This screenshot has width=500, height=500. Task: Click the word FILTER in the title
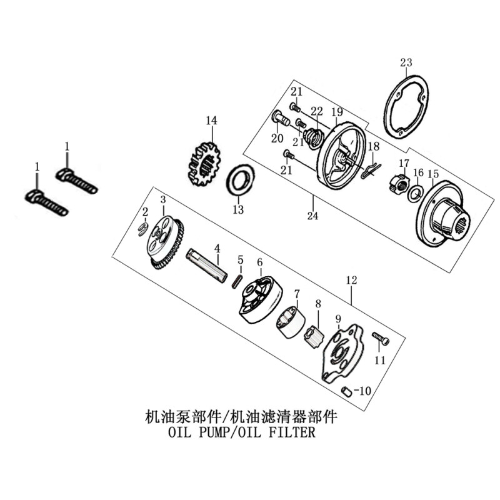coord(293,432)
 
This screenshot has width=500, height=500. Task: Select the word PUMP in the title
coord(211,432)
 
